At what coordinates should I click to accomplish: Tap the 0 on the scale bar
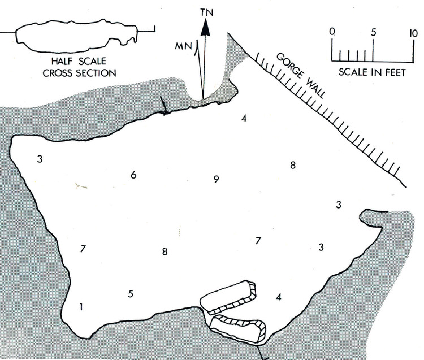pos(332,32)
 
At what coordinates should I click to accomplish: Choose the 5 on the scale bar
pos(373,32)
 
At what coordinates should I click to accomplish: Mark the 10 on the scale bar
pos(413,32)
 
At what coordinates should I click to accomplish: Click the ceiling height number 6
pos(133,175)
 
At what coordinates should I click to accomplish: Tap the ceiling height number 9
pos(216,180)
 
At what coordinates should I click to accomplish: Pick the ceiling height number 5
pos(131,294)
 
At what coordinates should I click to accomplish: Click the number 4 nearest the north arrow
pos(244,119)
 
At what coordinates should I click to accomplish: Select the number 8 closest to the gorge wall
pos(292,166)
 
